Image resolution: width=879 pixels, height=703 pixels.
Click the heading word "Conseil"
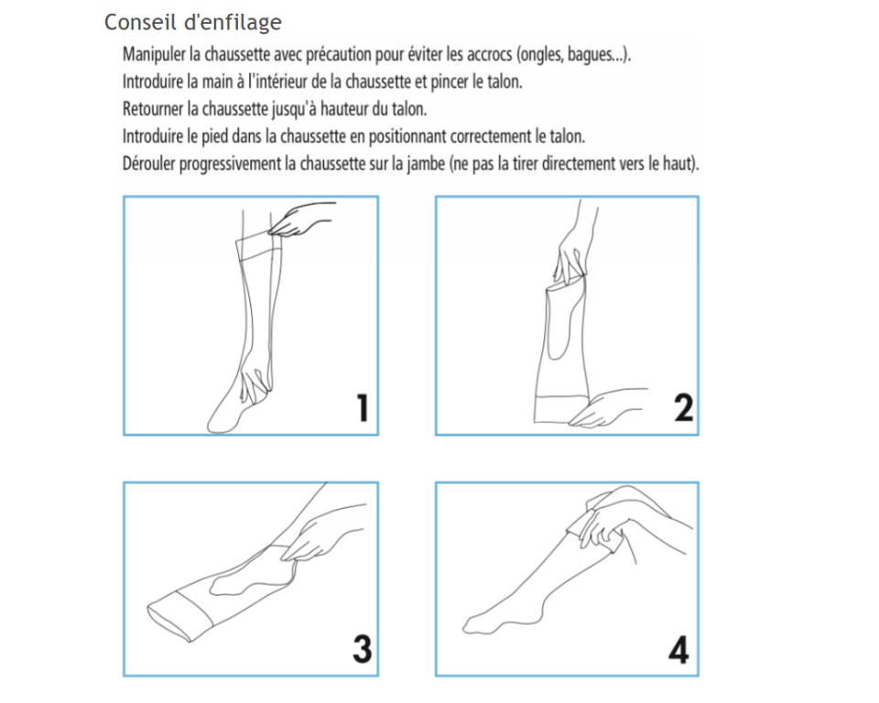(x=140, y=22)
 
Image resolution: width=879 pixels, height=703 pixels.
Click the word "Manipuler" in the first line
(x=154, y=54)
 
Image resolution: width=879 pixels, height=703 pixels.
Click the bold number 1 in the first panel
(x=364, y=407)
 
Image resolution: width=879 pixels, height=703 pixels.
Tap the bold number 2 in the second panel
(x=683, y=407)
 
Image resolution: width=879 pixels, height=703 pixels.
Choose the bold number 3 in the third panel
(x=363, y=649)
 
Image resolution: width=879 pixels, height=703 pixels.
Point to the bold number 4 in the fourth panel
(x=678, y=650)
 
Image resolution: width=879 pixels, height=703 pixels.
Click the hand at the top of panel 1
(x=300, y=219)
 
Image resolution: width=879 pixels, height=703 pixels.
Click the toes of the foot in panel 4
(x=475, y=624)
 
